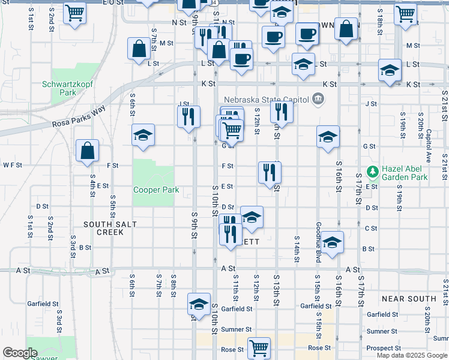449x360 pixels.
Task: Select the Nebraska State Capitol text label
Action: (x=266, y=100)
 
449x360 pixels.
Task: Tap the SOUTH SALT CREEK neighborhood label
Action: (x=110, y=228)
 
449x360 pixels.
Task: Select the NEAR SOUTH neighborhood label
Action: (x=408, y=298)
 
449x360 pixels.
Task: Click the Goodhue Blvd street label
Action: (x=318, y=242)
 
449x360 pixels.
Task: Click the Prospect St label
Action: (x=384, y=348)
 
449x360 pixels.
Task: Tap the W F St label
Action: (x=12, y=165)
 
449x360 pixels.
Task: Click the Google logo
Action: (x=19, y=353)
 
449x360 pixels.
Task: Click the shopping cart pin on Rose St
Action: (x=259, y=347)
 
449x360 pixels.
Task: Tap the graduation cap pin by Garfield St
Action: (x=199, y=304)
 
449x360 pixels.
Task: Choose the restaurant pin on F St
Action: (x=270, y=172)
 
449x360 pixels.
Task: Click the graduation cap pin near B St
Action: (x=332, y=242)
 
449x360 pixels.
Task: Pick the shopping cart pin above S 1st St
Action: (x=74, y=12)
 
